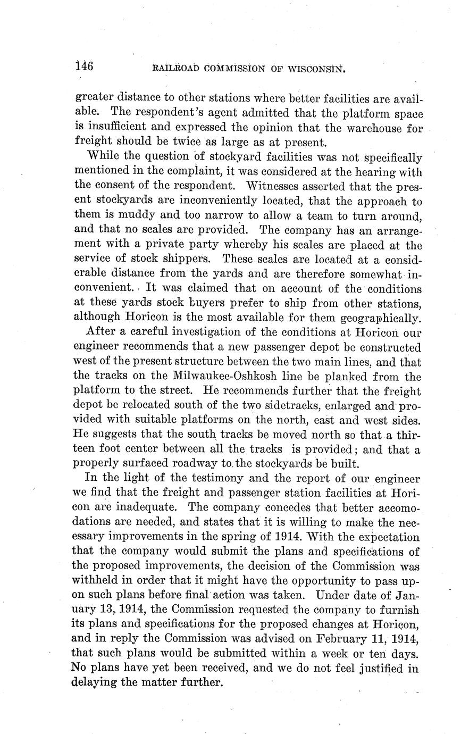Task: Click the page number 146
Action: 84,66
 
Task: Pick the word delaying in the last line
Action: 94,682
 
